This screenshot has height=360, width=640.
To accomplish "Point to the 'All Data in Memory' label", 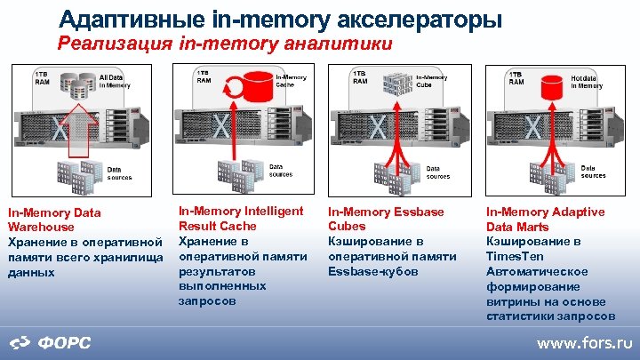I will pos(116,82).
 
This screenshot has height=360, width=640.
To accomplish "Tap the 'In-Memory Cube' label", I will pos(431,81).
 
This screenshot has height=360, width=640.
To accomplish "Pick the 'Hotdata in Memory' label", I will pos(587,82).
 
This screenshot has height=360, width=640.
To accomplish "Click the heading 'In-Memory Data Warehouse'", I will pos(54,220).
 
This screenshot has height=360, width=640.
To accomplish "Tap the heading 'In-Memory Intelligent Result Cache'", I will pos(241,218).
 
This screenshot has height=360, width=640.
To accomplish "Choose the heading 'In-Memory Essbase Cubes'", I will pos(386,219).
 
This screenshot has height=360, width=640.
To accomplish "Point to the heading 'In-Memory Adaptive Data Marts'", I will pos(545,219).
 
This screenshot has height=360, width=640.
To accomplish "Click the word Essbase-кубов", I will pos(373,271).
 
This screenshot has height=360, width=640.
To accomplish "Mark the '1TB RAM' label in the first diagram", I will pos(41,76).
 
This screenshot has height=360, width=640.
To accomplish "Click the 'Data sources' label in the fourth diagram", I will pos(593,172).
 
